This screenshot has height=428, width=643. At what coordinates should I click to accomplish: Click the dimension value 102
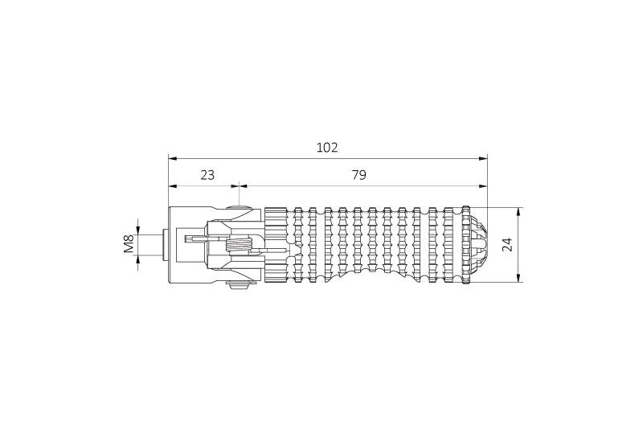327,148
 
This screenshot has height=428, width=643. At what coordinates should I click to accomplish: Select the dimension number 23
207,175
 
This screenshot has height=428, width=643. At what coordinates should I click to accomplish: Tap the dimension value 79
358,175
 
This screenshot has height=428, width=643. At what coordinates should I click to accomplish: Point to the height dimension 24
508,244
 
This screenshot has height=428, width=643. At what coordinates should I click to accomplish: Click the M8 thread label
129,243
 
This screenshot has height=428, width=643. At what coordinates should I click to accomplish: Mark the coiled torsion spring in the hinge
238,247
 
